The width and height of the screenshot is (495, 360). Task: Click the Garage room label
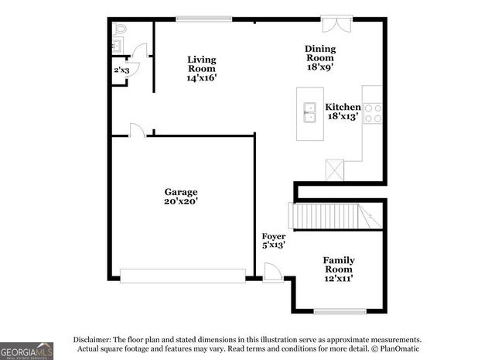pos(180,197)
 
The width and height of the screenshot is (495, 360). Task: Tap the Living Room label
pos(201,68)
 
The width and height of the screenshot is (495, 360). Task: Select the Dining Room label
pos(319,57)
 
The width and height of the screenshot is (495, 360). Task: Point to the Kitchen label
pos(342,111)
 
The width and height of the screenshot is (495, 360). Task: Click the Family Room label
pos(339,269)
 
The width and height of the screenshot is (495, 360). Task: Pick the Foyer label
pos(274,240)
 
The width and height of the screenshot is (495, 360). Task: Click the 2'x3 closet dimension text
pos(121,70)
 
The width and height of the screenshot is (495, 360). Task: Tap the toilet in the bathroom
pos(120,29)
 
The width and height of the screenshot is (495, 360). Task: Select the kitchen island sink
pos(311,113)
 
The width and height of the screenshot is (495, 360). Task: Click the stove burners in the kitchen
pos(373,114)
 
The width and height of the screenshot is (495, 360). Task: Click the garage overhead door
pos(183,275)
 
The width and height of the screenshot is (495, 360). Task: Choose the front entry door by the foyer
pos(272,273)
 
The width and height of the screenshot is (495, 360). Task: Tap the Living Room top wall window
pos(204,19)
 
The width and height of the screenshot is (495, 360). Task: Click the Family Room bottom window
pos(340,312)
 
